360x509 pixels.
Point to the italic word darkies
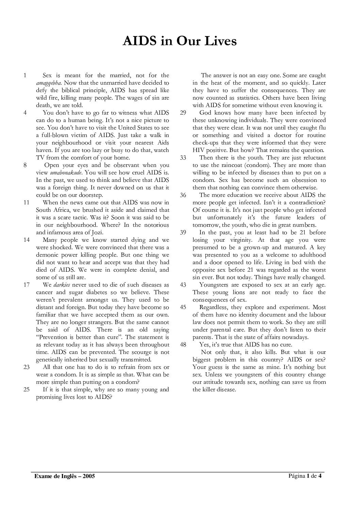point(62,285)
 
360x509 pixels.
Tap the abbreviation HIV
point(198,150)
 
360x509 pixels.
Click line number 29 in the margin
point(183,113)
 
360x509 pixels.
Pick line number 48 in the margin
point(183,345)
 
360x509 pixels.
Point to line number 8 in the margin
point(25,165)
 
